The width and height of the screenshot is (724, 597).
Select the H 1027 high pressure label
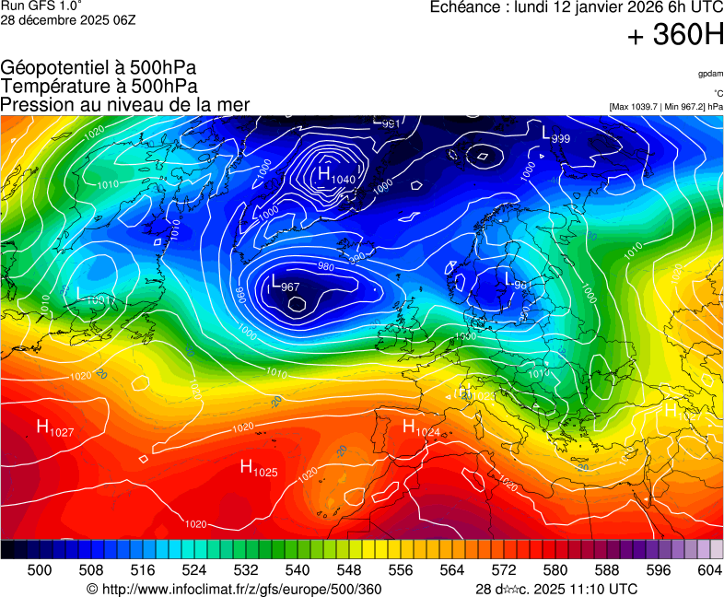54,427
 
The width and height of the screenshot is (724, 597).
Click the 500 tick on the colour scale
40,570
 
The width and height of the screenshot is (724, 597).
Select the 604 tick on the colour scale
709,570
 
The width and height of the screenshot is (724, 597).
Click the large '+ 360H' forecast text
675,36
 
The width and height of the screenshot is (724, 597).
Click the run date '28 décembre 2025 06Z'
68,20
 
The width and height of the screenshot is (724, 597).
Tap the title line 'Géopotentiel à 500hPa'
99,68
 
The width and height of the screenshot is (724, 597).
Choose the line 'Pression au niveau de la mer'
125,104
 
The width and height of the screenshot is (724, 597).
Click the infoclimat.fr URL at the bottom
233,589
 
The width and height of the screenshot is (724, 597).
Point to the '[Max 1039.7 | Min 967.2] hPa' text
666,107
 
